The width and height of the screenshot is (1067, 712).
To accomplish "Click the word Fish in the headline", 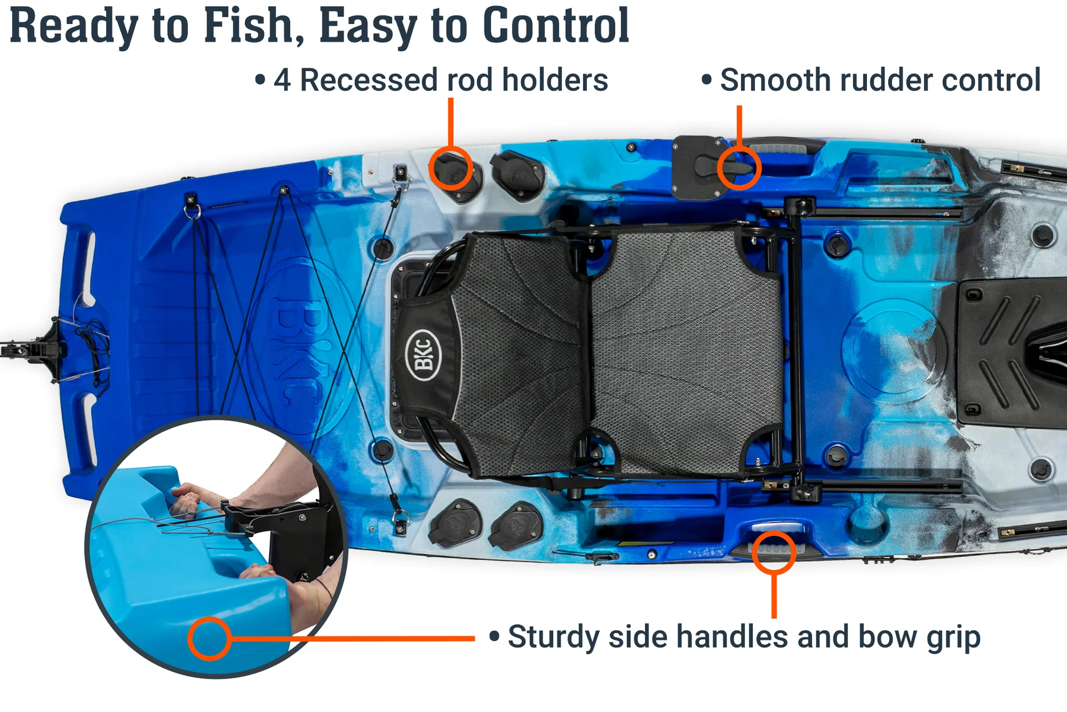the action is [248, 26].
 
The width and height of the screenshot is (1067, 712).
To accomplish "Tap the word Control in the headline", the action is [556, 26].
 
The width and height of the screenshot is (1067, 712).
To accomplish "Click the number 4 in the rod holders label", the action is [282, 80].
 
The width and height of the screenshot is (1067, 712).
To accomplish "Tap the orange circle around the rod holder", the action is [451, 168].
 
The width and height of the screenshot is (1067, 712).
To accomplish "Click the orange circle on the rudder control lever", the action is [739, 168].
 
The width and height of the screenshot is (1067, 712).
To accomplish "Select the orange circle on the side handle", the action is [774, 552].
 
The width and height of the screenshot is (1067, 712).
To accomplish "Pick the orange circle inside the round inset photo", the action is [210, 639].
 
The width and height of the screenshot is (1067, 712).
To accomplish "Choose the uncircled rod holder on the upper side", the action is [517, 175].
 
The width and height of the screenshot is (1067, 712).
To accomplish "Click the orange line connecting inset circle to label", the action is [353, 639].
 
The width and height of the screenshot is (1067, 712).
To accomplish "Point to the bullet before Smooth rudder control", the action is [706, 80].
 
